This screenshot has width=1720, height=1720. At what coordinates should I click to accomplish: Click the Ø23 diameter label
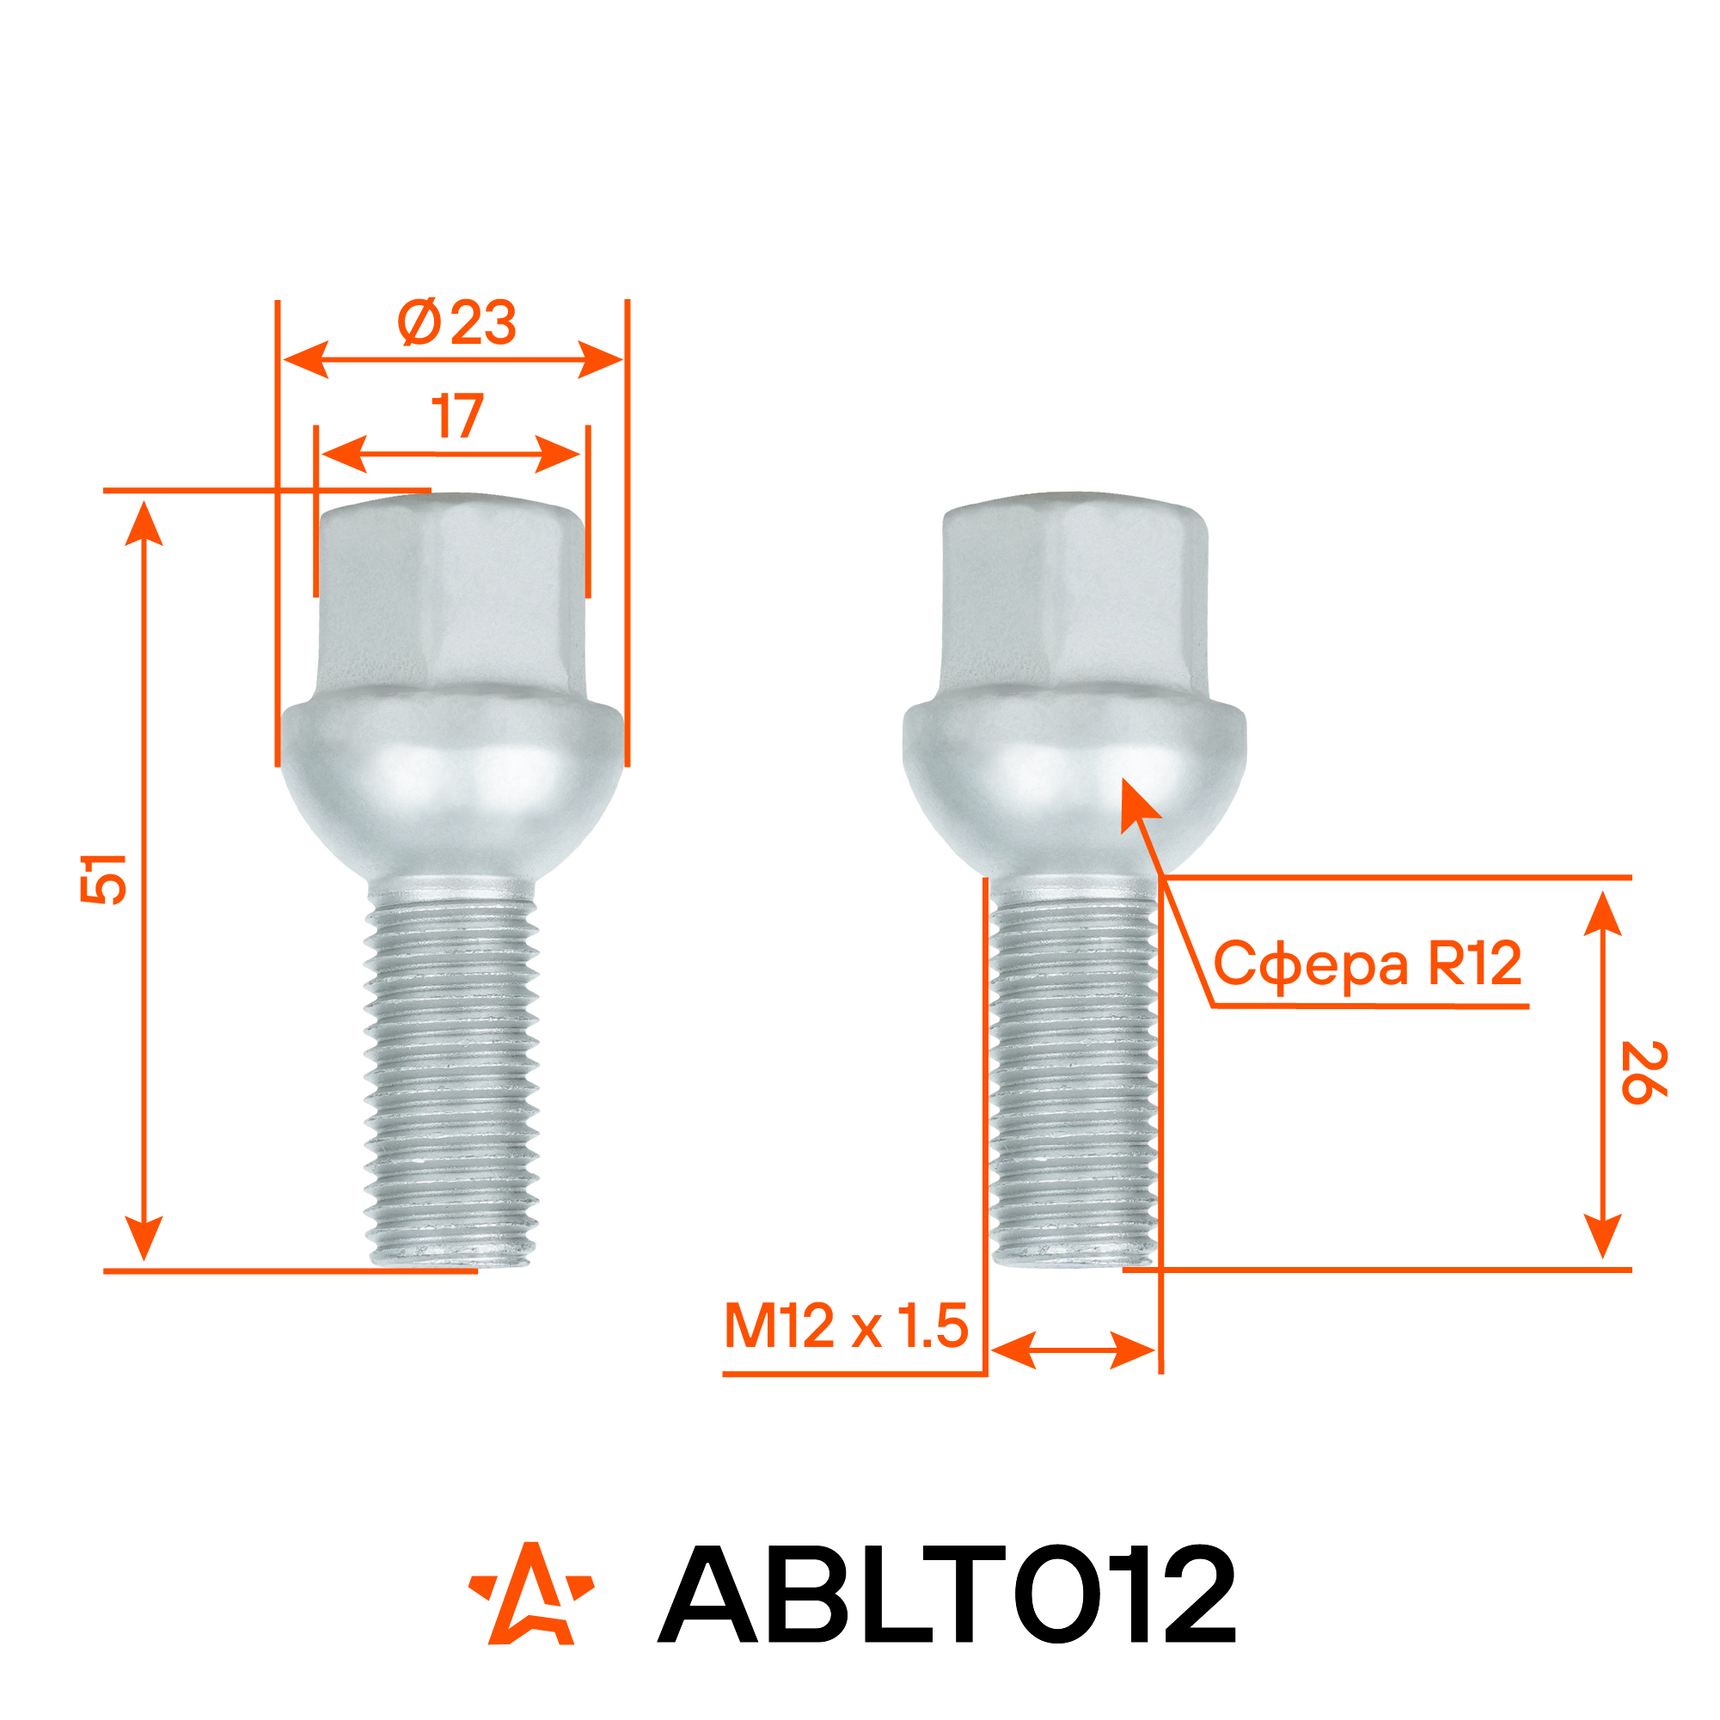(x=456, y=322)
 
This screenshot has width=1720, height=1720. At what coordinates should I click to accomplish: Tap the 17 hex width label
(x=457, y=417)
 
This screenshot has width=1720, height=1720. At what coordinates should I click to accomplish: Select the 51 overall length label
(x=104, y=878)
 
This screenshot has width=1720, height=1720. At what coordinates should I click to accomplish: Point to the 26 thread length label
(x=1643, y=1072)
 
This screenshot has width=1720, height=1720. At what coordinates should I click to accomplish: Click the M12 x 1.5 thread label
(x=846, y=1325)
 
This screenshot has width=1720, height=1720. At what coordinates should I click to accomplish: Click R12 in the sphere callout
(x=1475, y=963)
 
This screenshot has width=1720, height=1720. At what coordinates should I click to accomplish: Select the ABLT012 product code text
(x=946, y=1594)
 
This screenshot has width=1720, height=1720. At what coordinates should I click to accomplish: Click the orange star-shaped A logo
(x=531, y=1594)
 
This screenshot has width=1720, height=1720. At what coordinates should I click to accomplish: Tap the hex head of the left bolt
(x=451, y=594)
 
